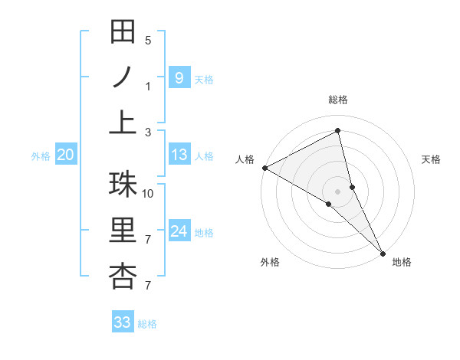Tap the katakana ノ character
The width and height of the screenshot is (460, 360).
123,77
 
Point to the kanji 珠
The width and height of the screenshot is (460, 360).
123,184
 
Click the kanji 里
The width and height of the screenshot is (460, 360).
123,231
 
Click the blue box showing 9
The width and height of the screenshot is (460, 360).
179,77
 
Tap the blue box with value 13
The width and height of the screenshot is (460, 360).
179,155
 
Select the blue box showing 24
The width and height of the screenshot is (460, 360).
179,231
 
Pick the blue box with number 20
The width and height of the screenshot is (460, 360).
65,155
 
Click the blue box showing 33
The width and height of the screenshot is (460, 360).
123,322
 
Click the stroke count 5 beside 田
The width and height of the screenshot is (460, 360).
148,41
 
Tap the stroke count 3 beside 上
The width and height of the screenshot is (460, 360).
148,133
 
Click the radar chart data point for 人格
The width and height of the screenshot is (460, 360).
264,168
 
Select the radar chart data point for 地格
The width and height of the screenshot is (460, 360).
383,252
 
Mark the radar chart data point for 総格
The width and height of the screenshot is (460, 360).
338,131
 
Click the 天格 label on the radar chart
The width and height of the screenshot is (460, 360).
432,159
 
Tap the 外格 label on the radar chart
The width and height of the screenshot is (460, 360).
270,262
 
